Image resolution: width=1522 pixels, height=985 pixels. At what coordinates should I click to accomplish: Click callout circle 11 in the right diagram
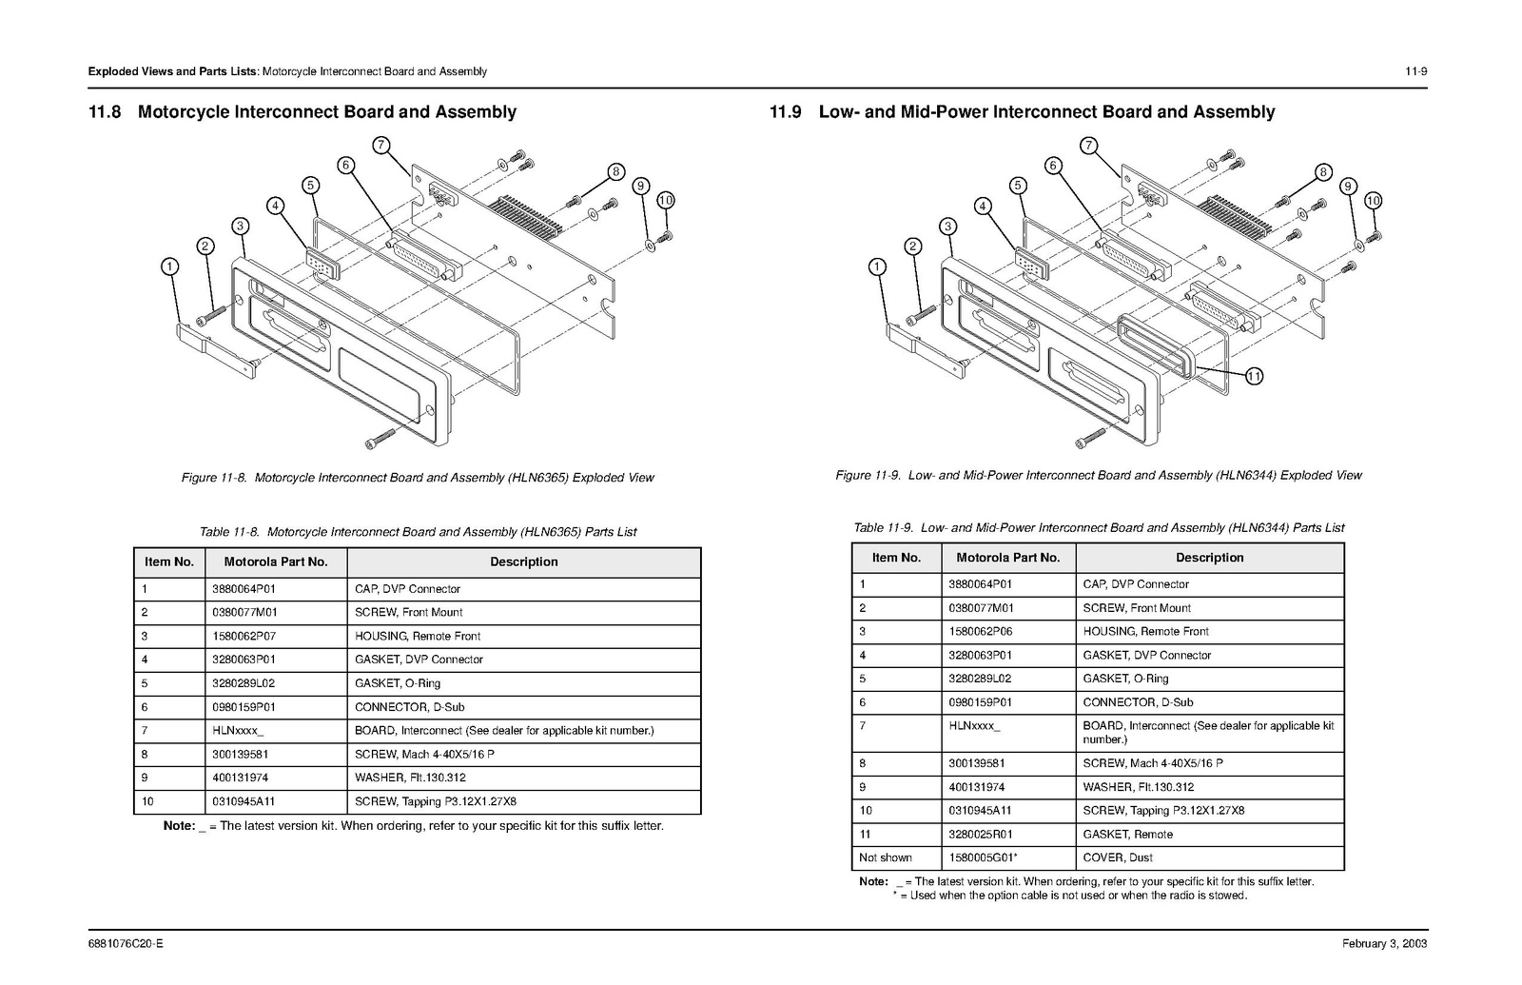pos(1254,377)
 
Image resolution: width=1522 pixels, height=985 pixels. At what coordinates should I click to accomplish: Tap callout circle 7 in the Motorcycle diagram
pos(380,146)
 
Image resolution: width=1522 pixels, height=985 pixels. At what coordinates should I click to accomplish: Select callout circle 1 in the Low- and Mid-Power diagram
pos(877,267)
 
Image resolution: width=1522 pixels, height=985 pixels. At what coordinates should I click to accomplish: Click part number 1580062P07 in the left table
pos(244,636)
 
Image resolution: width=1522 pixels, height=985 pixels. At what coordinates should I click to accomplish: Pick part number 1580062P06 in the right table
pos(981,631)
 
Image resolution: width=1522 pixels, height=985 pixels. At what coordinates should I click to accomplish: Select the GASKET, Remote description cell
pos(1127,835)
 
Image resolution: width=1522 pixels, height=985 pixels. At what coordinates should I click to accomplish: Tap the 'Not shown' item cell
pos(885,857)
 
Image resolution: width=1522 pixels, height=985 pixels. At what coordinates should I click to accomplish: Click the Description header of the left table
pos(523,561)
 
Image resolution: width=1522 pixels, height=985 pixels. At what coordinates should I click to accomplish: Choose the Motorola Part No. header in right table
pos(1007,558)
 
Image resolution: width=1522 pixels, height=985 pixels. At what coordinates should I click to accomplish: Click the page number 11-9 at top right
pos(1415,71)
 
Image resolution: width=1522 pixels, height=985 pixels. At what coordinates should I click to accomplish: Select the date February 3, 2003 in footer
pos(1384,944)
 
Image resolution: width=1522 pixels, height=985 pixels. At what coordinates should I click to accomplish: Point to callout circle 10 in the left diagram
pos(665,200)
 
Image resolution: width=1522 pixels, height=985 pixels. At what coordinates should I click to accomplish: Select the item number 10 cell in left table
pos(147,801)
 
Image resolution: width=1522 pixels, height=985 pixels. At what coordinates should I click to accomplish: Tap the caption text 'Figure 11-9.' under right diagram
pos(868,475)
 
